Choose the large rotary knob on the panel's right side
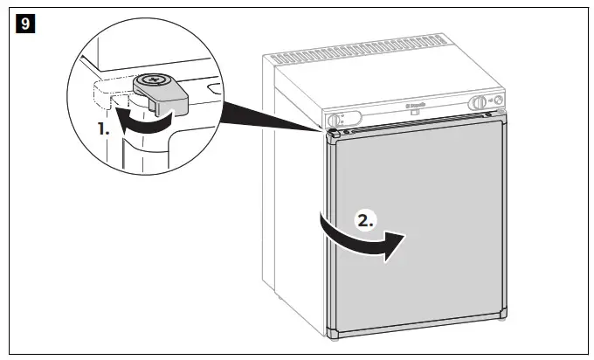pyautogui.click(x=479, y=103)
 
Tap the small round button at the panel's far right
pyautogui.click(x=498, y=101)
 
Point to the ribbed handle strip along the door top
pyautogui.click(x=419, y=128)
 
